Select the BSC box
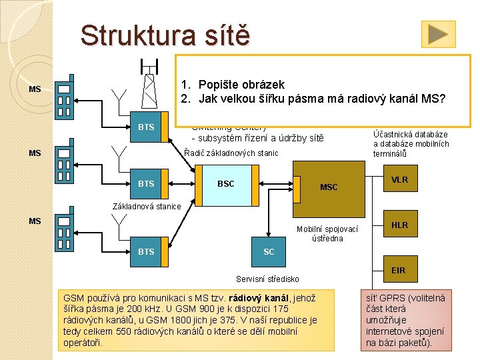point(226,183)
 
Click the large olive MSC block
point(329,187)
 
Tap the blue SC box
point(269,251)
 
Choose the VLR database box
point(399,180)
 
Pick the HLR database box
point(399,225)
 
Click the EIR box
point(399,270)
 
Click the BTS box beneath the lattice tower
point(146,127)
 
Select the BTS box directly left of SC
point(146,251)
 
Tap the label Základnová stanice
point(147,206)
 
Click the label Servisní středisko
point(267,279)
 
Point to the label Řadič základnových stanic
point(231,153)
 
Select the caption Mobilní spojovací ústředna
point(327,233)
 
